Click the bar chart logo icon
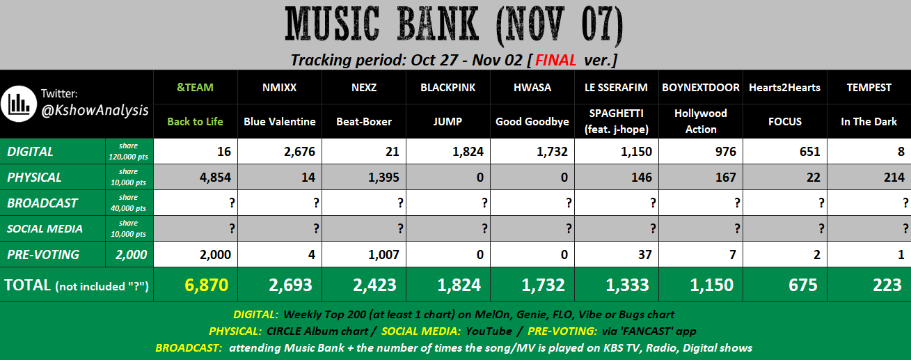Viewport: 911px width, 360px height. [19, 104]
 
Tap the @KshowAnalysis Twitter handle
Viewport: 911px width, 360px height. [95, 110]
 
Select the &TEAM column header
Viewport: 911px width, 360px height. [195, 88]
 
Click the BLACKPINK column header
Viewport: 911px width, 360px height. [447, 88]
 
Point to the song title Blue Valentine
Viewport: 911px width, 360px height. [279, 122]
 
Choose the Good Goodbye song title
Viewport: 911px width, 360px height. [532, 122]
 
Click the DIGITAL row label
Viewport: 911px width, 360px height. [30, 151]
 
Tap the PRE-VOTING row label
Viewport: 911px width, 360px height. [43, 255]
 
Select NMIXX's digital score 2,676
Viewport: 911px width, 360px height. [299, 151]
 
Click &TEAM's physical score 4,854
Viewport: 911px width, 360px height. [215, 178]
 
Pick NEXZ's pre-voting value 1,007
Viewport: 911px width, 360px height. [383, 255]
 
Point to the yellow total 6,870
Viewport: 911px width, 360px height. [206, 285]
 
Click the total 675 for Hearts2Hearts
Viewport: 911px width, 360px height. [803, 285]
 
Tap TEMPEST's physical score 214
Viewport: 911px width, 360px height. [894, 178]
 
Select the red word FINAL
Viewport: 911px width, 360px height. [555, 61]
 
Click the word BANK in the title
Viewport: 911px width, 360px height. [438, 24]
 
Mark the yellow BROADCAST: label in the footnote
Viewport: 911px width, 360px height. [189, 348]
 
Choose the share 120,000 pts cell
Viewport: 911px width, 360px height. [129, 151]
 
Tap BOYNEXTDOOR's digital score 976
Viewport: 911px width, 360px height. [726, 151]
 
